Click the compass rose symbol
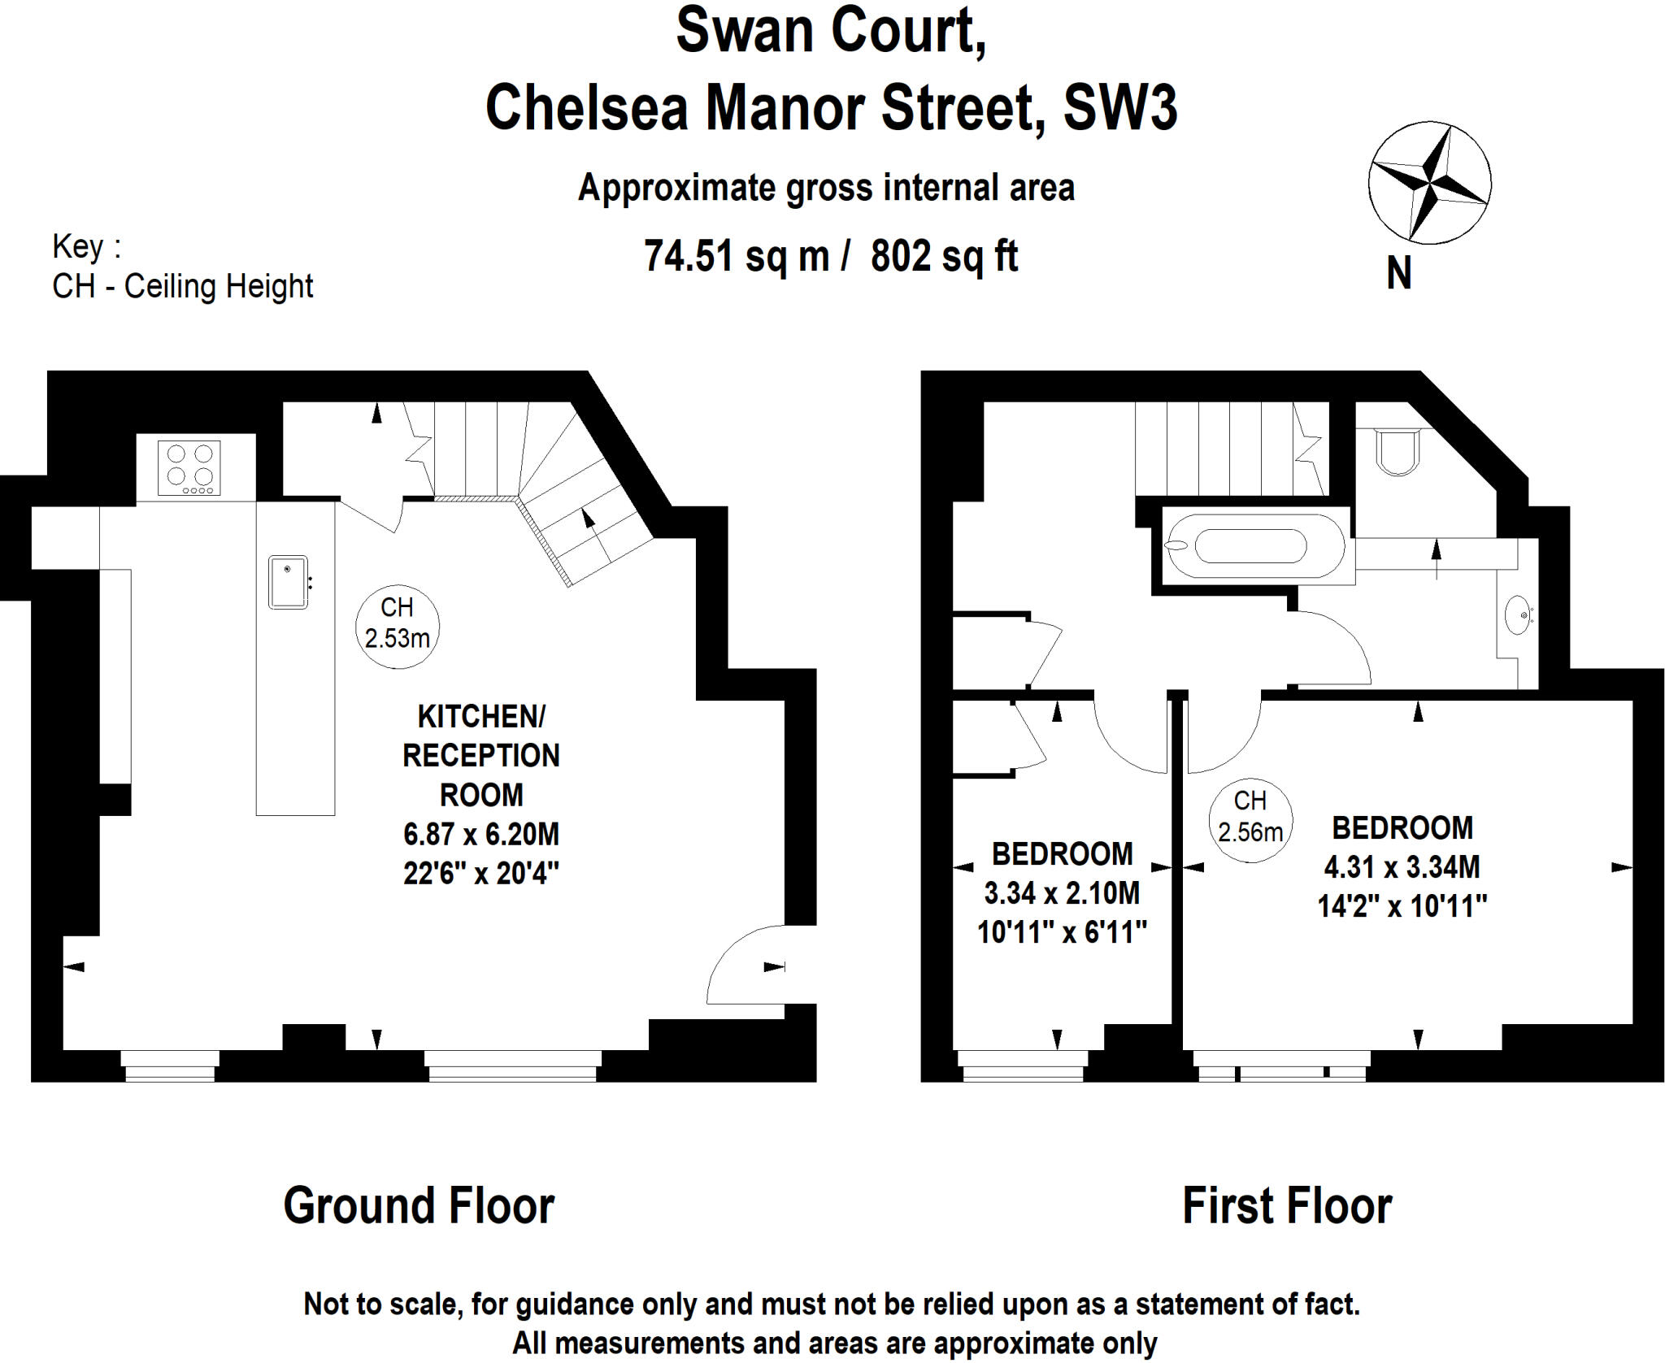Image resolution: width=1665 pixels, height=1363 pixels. click(x=1428, y=183)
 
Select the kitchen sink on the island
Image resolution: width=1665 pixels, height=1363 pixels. click(x=288, y=582)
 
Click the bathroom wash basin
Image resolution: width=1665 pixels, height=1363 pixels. click(x=1517, y=615)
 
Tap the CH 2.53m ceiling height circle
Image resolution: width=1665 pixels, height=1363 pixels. click(x=397, y=626)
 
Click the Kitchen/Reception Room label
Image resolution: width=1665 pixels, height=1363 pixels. click(x=481, y=755)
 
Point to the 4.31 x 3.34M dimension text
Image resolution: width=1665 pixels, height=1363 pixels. click(x=1402, y=867)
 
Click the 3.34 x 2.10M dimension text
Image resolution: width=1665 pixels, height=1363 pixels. click(x=1062, y=893)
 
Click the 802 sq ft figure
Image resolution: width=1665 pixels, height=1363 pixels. click(x=944, y=256)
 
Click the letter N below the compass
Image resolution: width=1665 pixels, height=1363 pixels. click(x=1398, y=273)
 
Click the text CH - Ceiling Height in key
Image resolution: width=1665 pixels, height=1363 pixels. click(x=182, y=286)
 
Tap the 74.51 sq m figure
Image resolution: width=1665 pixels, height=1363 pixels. click(x=737, y=256)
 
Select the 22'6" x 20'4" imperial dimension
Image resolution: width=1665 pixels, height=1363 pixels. click(x=481, y=874)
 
